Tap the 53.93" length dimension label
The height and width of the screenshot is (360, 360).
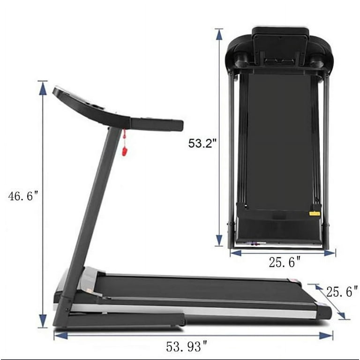click(x=187, y=346)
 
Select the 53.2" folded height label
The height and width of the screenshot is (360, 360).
click(x=202, y=143)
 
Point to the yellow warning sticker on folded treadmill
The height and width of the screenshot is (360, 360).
click(x=315, y=214)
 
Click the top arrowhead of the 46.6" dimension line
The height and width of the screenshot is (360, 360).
click(x=43, y=88)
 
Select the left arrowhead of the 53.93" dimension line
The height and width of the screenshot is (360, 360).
click(x=61, y=336)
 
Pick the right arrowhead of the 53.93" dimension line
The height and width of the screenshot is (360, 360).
click(x=326, y=336)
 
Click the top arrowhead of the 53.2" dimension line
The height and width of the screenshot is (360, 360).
click(x=219, y=35)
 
